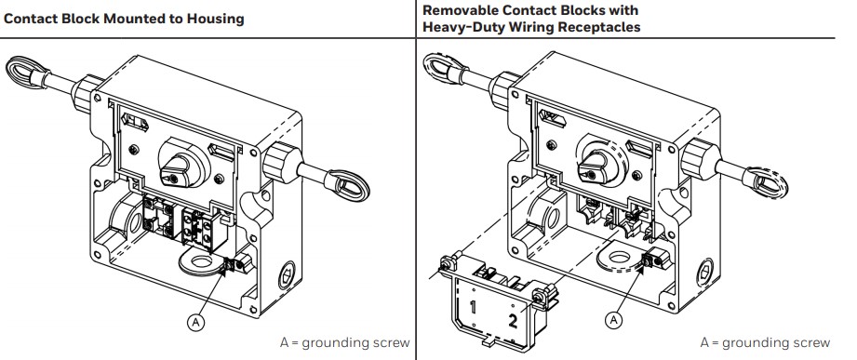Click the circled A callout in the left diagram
pos(195,323)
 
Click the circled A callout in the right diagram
pos(615,319)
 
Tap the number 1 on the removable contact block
pos(472,307)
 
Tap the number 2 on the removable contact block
pos(512,321)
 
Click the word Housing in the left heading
pos(215,20)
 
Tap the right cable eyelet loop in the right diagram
pos(769,182)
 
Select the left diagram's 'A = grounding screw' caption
pos(344,343)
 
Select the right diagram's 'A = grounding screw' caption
pos(765,343)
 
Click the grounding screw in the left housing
pos(229,265)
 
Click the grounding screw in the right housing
pos(648,260)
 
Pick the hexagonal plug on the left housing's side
pos(286,276)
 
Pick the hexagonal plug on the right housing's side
pos(705,272)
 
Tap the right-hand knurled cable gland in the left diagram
pos(279,161)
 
